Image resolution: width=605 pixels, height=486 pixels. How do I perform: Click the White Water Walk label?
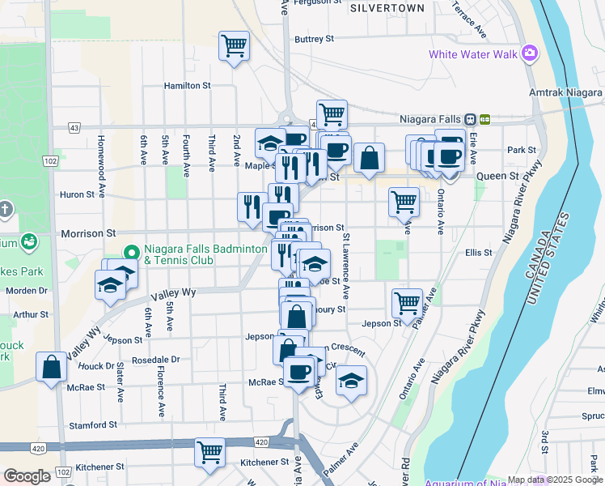pos(472,54)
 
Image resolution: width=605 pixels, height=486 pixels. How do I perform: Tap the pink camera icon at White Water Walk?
pos(530,54)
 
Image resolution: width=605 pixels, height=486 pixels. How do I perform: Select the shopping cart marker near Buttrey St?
pos(234,46)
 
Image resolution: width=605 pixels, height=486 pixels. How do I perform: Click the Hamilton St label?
pos(187,85)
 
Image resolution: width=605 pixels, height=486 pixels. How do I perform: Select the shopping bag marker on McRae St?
pos(52,366)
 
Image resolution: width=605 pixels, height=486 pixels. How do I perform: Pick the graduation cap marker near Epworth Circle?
pos(351,380)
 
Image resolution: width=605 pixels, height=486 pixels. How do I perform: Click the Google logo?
pos(27,476)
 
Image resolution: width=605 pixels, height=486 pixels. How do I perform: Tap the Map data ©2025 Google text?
pos(555,480)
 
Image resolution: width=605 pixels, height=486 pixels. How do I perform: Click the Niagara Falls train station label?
pos(432,118)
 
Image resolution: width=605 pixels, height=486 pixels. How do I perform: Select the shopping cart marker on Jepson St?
pos(407,303)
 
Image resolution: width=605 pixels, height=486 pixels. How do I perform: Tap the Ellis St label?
pos(479,253)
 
